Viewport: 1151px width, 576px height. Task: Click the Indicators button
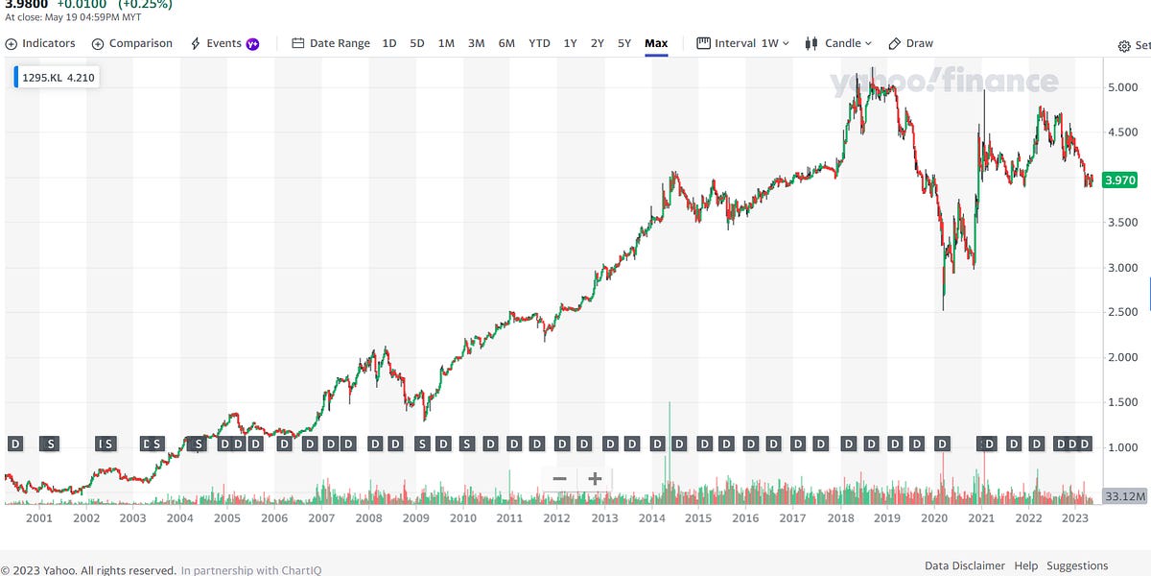click(x=41, y=43)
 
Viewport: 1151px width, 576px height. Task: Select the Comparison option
click(x=132, y=43)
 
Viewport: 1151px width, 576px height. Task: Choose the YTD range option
click(x=539, y=43)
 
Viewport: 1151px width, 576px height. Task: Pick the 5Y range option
click(x=624, y=43)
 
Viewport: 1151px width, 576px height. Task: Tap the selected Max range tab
click(x=656, y=43)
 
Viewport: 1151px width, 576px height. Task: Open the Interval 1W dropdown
click(x=743, y=43)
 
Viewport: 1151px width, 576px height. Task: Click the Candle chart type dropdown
click(x=838, y=43)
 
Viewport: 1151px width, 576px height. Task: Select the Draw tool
click(x=911, y=43)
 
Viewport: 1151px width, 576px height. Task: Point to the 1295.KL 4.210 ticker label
click(x=58, y=77)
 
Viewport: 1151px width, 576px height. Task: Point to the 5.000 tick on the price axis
click(x=1122, y=87)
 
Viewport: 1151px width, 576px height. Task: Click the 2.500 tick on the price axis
click(x=1122, y=313)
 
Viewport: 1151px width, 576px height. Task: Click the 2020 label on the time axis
click(x=932, y=518)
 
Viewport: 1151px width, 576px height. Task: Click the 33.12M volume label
click(x=1120, y=496)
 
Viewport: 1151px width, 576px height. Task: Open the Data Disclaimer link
click(x=965, y=565)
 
